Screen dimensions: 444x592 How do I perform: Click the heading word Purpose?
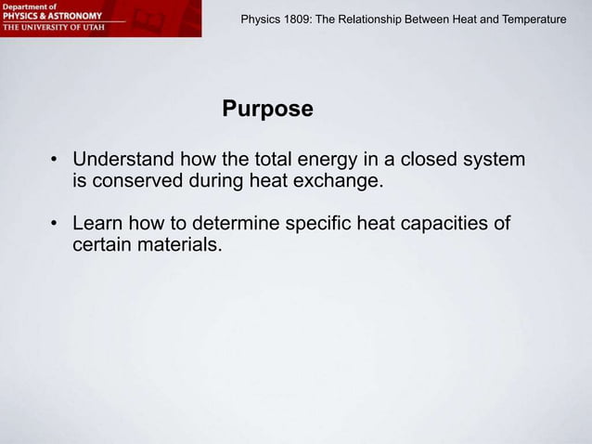click(x=267, y=111)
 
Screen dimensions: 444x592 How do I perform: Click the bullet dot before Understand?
click(x=56, y=161)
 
